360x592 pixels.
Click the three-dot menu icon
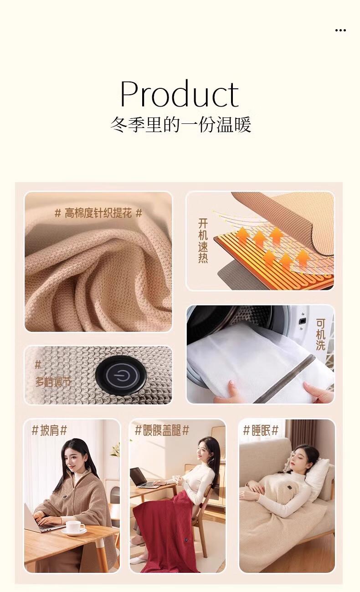tap(340, 30)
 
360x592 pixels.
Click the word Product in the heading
tap(180, 94)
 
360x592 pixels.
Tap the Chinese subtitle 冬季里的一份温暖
tap(180, 124)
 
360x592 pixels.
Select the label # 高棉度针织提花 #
tap(98, 213)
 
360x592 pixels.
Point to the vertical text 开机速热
tap(203, 240)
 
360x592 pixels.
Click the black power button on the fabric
tap(120, 376)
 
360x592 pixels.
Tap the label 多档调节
tap(53, 382)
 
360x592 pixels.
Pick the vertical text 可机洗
tap(321, 335)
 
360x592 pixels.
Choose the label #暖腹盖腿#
tap(162, 430)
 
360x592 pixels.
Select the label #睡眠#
tap(261, 430)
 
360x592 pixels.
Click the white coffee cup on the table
tap(75, 527)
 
